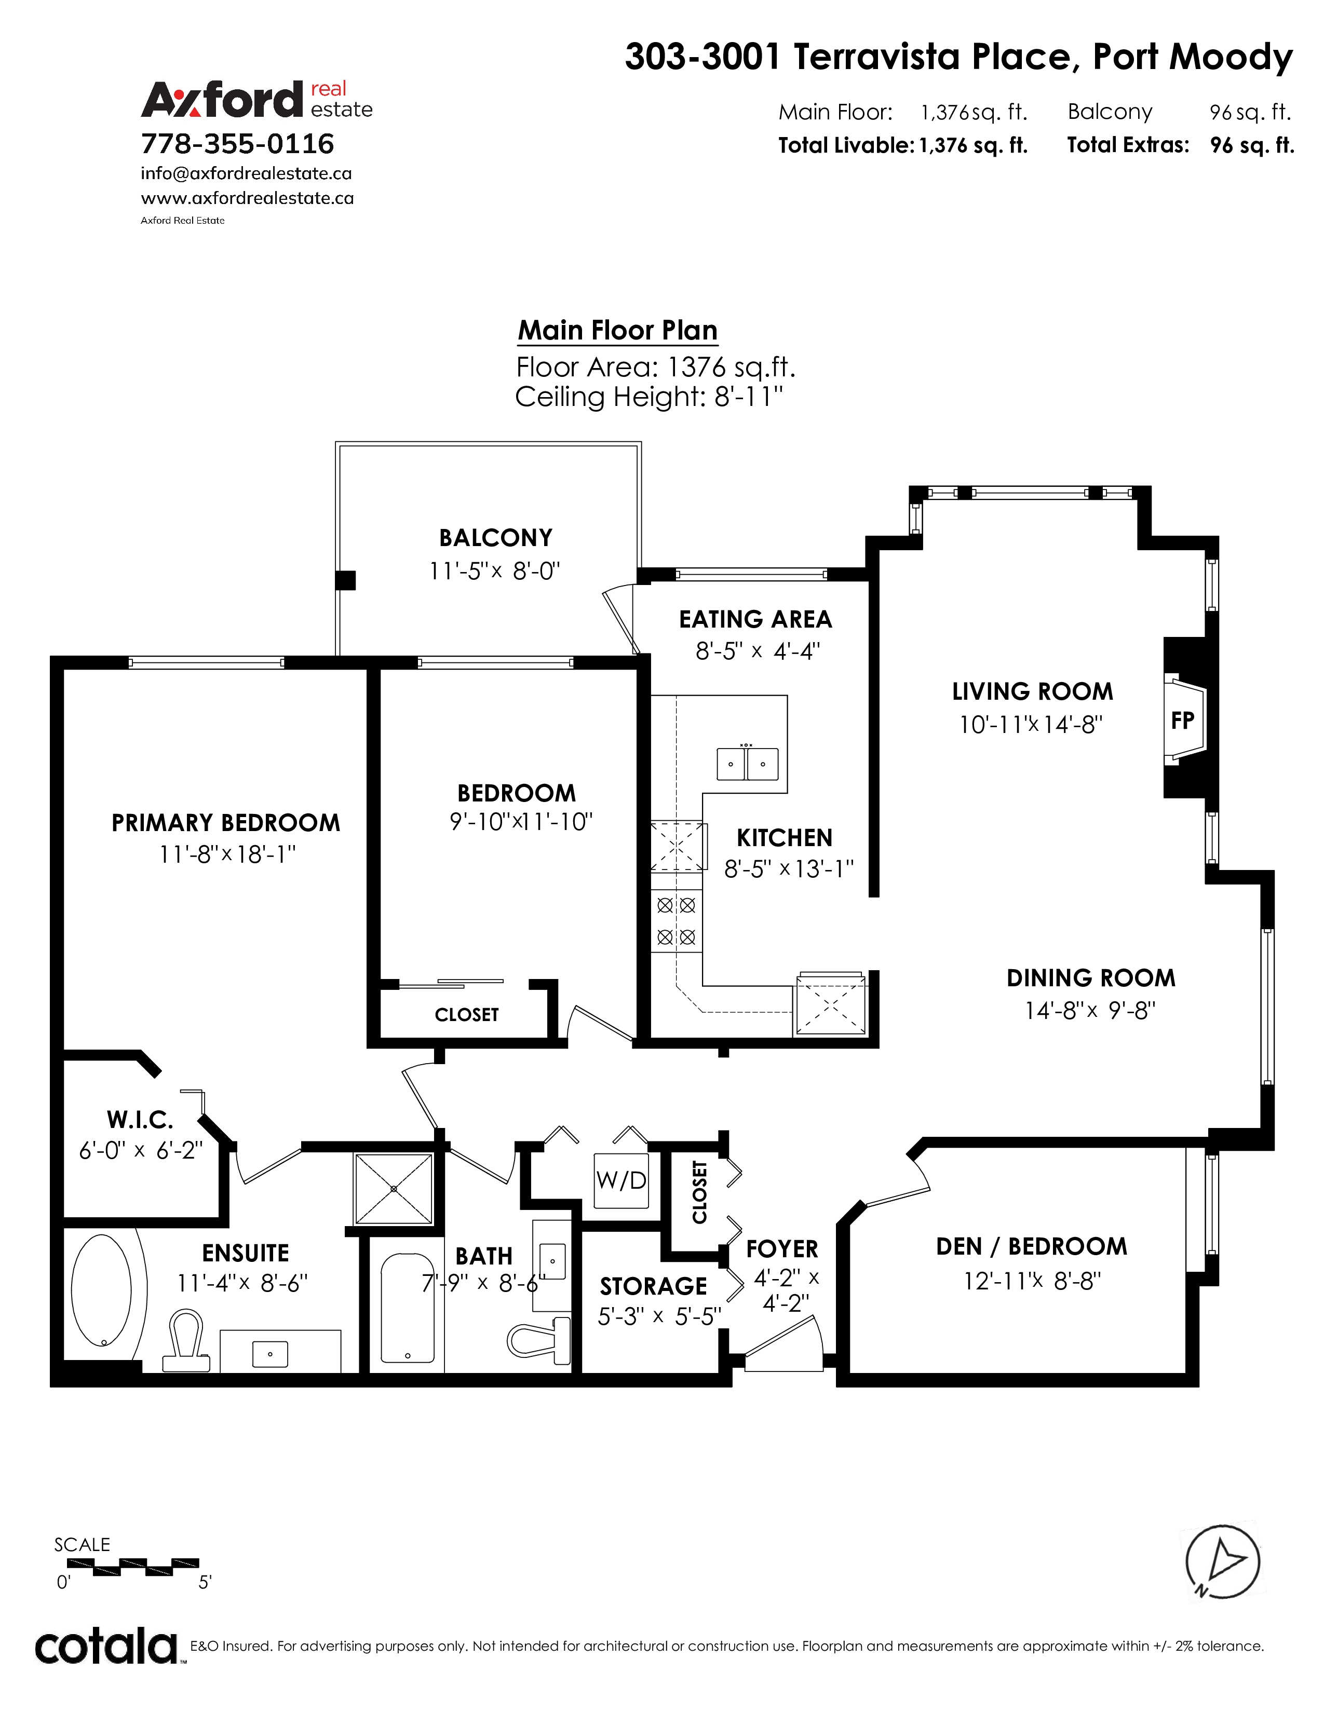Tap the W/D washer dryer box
621,1180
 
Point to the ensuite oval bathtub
102,1290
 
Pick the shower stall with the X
393,1189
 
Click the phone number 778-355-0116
238,144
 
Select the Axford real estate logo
256,100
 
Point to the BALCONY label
496,538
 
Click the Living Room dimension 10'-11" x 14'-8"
1031,724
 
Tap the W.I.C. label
140,1119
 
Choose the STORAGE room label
653,1286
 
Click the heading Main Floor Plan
618,330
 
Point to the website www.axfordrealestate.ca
247,198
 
